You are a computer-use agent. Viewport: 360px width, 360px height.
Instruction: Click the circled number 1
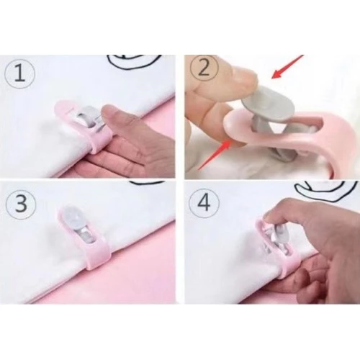19,73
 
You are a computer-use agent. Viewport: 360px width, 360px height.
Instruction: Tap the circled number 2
204,68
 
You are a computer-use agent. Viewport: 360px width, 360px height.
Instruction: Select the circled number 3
21,204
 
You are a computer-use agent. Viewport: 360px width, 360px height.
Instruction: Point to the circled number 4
204,204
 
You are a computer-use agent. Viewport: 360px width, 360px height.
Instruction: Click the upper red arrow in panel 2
287,67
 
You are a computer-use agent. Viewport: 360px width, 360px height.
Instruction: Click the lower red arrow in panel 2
215,155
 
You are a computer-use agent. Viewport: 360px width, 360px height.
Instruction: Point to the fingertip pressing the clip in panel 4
269,217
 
